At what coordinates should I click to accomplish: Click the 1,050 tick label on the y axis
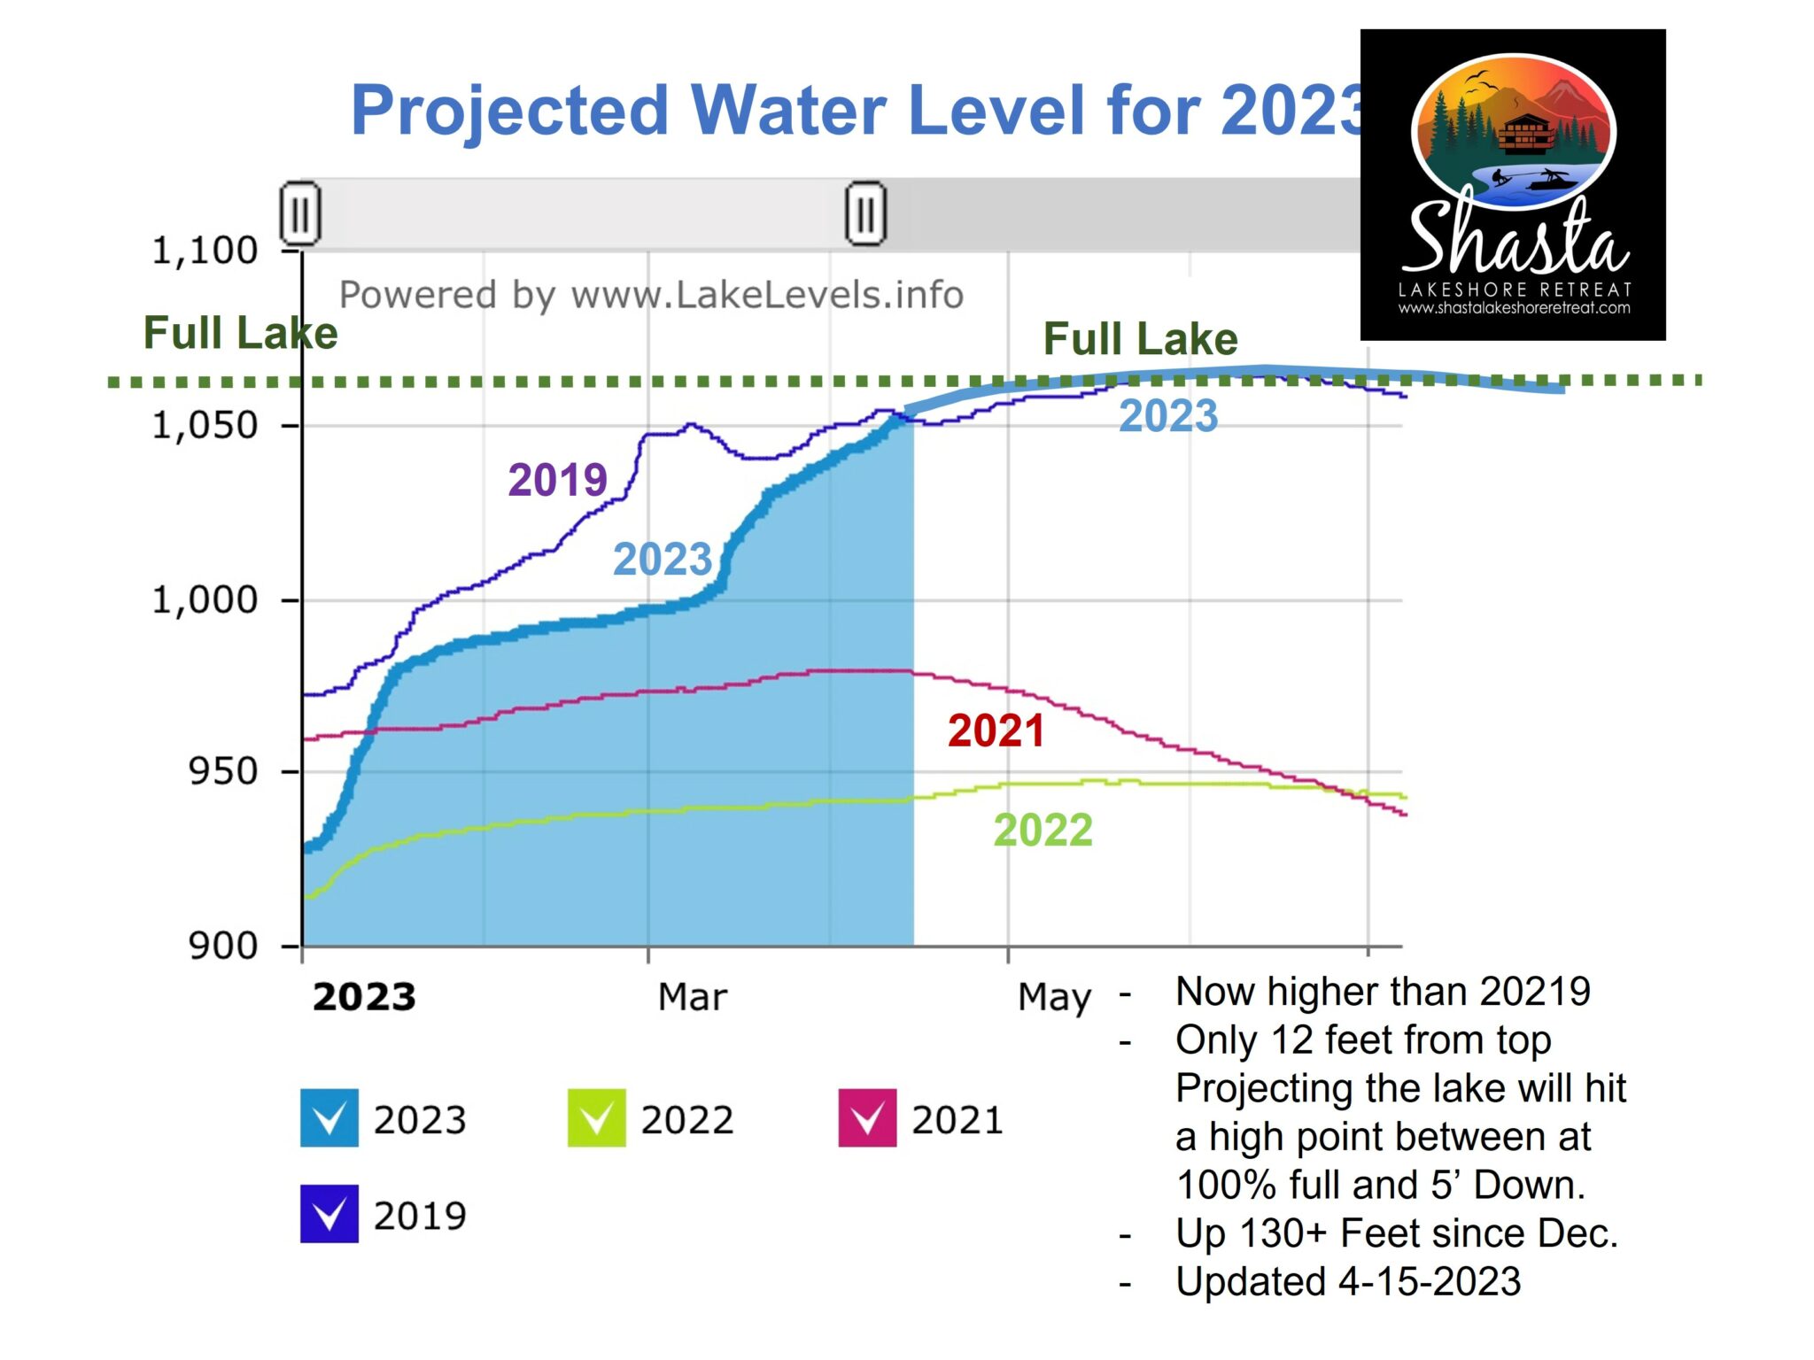(x=205, y=426)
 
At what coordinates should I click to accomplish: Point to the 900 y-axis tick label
(x=223, y=947)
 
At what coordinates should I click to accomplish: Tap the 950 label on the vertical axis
(x=223, y=772)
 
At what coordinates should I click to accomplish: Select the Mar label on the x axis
(x=692, y=998)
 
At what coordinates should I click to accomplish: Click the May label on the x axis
(x=1054, y=998)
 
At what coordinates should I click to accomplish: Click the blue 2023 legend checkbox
(x=329, y=1118)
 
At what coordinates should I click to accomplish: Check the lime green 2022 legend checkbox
(x=596, y=1118)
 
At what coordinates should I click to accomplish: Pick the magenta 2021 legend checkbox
(x=867, y=1118)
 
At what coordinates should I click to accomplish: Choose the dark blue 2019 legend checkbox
(x=329, y=1214)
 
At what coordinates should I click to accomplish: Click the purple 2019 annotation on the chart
(x=557, y=480)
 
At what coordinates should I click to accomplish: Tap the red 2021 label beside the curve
(x=996, y=731)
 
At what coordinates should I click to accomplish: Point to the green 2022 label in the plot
(x=1043, y=831)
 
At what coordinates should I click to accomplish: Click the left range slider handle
(x=300, y=213)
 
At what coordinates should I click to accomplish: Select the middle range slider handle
(x=865, y=213)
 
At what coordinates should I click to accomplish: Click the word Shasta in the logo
(x=1516, y=237)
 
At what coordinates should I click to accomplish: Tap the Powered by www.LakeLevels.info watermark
(x=651, y=295)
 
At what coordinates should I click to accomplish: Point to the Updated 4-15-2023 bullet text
(x=1347, y=1281)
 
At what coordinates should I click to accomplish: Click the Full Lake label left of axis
(x=240, y=334)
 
